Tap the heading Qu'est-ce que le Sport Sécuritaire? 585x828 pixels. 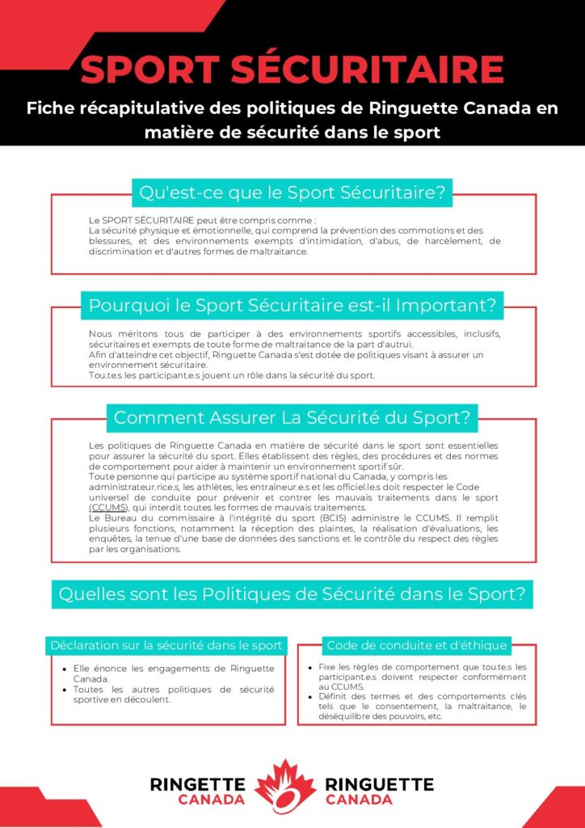pyautogui.click(x=292, y=193)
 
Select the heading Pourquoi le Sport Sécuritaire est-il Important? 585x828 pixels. pyautogui.click(x=292, y=306)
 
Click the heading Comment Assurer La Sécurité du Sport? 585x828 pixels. pyautogui.click(x=292, y=418)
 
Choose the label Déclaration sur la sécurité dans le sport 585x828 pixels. pyautogui.click(x=166, y=645)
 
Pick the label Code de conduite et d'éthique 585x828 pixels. pyautogui.click(x=416, y=645)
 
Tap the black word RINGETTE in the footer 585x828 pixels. pyautogui.click(x=197, y=784)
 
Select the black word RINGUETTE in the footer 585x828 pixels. pyautogui.click(x=379, y=784)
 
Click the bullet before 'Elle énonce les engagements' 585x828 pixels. pyautogui.click(x=65, y=669)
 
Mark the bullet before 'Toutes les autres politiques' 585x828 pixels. pyautogui.click(x=65, y=689)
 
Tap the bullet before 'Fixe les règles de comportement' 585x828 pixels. pyautogui.click(x=311, y=668)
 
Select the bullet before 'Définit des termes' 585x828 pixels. pyautogui.click(x=311, y=696)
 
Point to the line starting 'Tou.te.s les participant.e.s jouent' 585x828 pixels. pyautogui.click(x=231, y=375)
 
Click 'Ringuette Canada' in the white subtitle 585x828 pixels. pyautogui.click(x=461, y=108)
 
